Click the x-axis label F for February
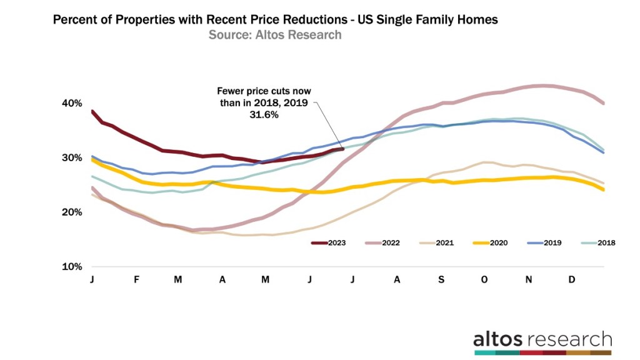(x=136, y=279)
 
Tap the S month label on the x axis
(x=441, y=279)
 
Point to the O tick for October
(x=484, y=279)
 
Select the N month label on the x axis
(x=528, y=279)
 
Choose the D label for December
(x=572, y=279)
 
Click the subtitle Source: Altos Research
(x=275, y=35)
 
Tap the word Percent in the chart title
(x=76, y=19)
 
